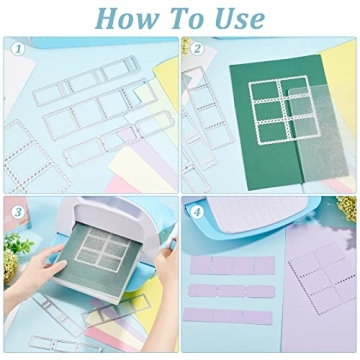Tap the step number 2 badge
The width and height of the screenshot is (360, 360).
point(197,48)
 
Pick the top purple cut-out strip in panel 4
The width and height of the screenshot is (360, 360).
point(230,265)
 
